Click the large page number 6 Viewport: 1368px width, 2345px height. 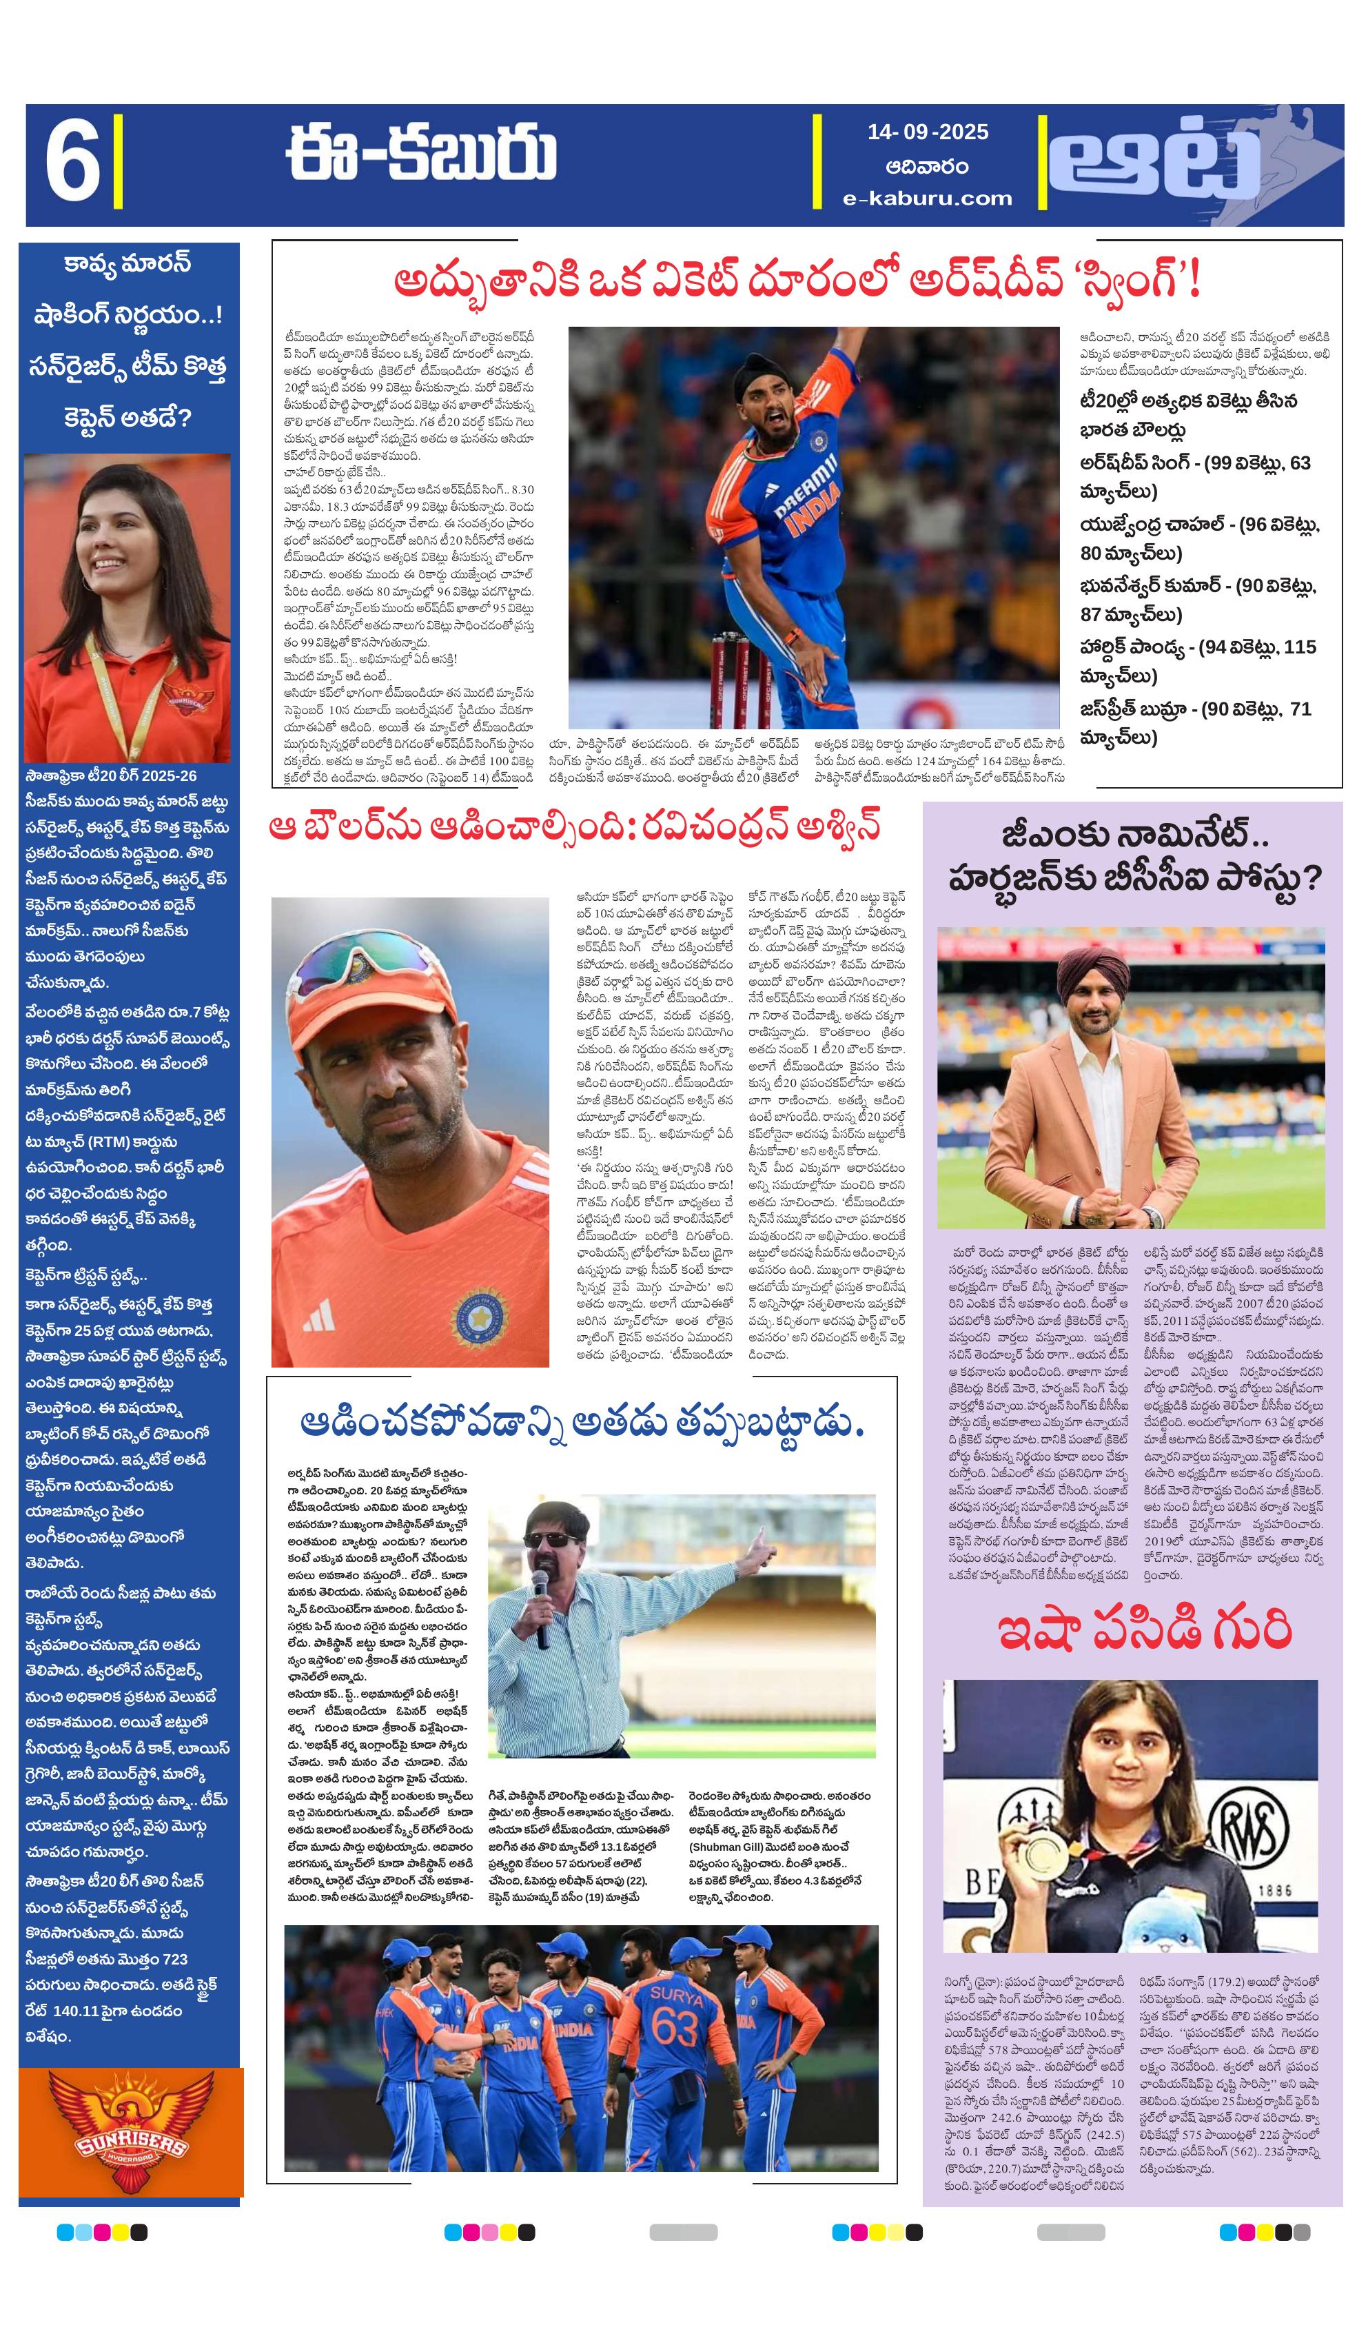click(72, 165)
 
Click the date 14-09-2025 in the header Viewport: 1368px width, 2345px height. click(927, 132)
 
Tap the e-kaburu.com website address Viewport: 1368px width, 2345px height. click(927, 199)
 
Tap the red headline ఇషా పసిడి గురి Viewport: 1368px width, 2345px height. click(1144, 1632)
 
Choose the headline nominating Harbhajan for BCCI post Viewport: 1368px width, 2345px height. click(1134, 857)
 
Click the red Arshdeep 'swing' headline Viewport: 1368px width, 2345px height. click(797, 279)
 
